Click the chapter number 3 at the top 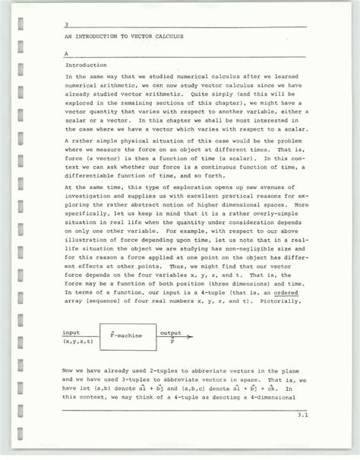(x=67, y=24)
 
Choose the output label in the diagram (x=170, y=332)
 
